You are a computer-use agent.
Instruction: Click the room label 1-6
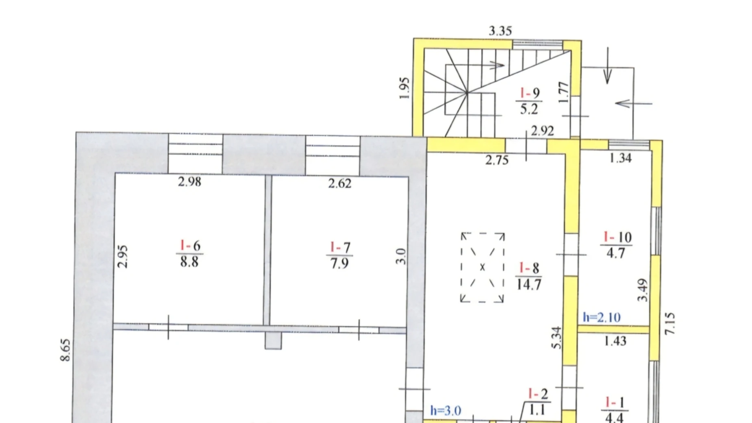(x=190, y=246)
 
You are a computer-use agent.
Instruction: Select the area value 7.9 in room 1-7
(x=339, y=264)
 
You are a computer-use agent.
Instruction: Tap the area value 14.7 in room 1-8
(x=529, y=284)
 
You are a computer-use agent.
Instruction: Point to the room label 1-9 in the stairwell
(x=529, y=93)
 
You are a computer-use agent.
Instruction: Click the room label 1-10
(x=617, y=237)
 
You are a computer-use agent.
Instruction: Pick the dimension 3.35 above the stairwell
(x=500, y=31)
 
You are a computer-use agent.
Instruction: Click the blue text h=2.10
(x=602, y=317)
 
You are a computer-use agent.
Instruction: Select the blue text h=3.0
(x=446, y=410)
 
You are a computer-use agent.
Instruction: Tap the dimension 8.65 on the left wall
(x=65, y=350)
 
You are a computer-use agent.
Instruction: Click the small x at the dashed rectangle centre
(x=482, y=267)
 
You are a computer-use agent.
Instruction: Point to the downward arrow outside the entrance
(x=607, y=67)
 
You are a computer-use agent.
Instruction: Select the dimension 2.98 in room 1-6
(x=189, y=181)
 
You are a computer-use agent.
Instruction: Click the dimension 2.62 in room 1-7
(x=339, y=183)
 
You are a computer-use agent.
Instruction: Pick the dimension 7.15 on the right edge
(x=669, y=323)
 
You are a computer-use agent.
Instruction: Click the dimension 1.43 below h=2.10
(x=615, y=341)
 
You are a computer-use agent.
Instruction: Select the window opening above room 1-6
(x=196, y=154)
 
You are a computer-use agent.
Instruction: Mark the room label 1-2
(x=538, y=394)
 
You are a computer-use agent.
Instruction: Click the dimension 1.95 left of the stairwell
(x=404, y=88)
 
